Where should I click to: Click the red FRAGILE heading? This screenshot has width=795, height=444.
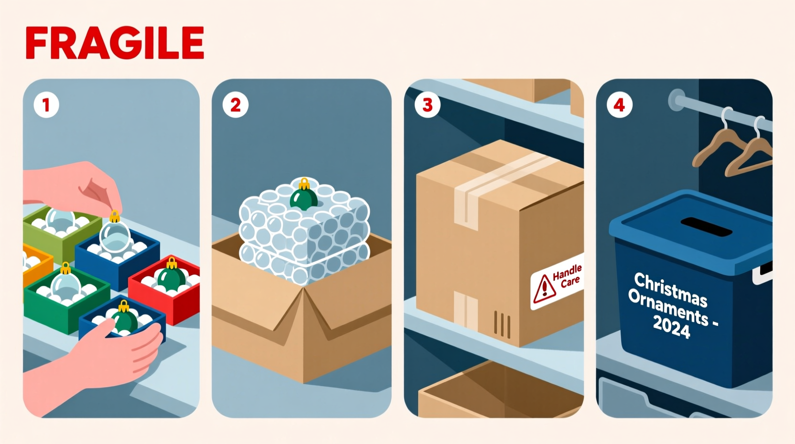[x=115, y=43]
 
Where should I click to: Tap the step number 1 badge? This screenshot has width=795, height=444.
[x=46, y=105]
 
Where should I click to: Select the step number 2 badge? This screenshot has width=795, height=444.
[x=236, y=105]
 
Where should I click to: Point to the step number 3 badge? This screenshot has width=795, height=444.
[x=428, y=105]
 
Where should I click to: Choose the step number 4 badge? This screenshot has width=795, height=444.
[x=619, y=105]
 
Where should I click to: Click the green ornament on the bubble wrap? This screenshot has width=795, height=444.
[x=303, y=198]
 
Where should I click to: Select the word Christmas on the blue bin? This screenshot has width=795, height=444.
[x=670, y=289]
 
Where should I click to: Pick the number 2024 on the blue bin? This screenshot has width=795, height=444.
[x=671, y=328]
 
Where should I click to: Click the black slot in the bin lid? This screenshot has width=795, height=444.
[x=706, y=227]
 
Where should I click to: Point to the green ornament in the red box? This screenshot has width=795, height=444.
[x=172, y=277]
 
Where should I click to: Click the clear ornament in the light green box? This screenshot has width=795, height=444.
[x=60, y=221]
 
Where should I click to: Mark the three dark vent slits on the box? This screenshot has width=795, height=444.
[x=502, y=324]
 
